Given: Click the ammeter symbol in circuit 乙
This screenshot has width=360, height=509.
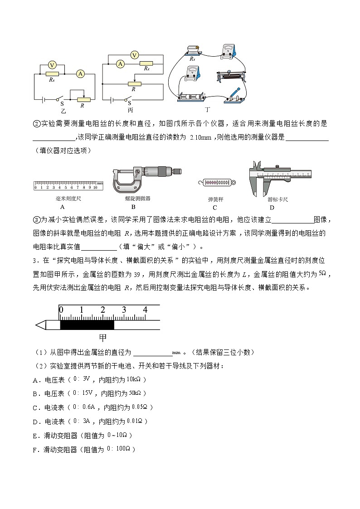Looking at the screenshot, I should pyautogui.click(x=80, y=73).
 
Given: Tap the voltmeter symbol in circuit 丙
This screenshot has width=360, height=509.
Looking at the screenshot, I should pyautogui.click(x=134, y=55).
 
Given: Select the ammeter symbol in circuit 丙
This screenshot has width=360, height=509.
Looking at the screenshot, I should pyautogui.click(x=120, y=64).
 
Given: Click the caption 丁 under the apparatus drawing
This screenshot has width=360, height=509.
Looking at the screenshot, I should pyautogui.click(x=208, y=109).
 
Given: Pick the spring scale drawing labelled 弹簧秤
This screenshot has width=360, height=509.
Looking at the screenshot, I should pyautogui.click(x=215, y=182).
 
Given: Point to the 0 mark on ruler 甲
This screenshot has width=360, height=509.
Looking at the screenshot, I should pyautogui.click(x=61, y=310).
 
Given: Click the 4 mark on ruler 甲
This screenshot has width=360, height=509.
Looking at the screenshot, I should pyautogui.click(x=145, y=310).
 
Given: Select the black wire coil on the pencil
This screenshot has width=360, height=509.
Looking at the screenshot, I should pyautogui.click(x=87, y=325).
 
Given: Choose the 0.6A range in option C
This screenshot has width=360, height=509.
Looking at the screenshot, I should pyautogui.click(x=90, y=407).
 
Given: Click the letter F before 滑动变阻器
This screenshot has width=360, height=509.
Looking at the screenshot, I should pyautogui.click(x=35, y=450).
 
